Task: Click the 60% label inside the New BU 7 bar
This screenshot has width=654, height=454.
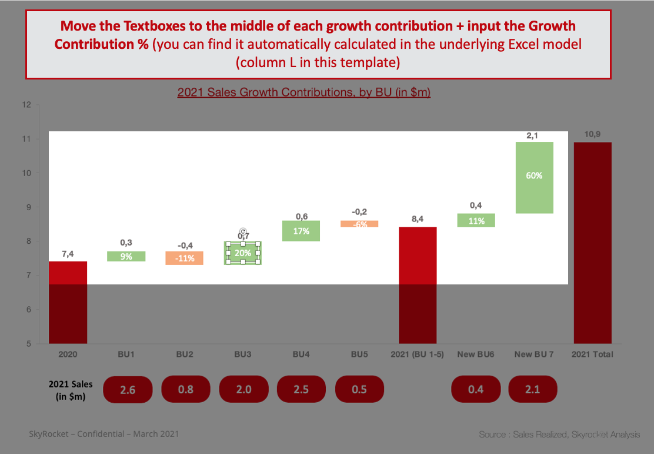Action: (534, 175)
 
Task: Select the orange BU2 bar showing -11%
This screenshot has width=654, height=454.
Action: (184, 258)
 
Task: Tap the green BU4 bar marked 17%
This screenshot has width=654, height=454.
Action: (301, 231)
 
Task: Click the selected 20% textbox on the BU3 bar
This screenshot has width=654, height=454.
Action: (243, 253)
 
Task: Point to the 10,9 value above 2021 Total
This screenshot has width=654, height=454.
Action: (592, 135)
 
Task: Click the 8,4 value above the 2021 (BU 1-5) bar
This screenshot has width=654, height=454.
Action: (418, 220)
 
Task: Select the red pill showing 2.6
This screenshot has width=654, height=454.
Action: (128, 390)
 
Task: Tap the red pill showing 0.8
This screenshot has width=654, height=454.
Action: (185, 390)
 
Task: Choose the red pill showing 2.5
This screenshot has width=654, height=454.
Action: (301, 390)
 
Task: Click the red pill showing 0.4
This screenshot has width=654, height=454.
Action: (475, 390)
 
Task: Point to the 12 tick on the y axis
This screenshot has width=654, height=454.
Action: (26, 105)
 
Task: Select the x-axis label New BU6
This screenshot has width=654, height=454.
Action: (475, 354)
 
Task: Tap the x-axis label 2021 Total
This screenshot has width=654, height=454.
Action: (592, 354)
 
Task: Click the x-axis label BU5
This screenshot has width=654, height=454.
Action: (359, 354)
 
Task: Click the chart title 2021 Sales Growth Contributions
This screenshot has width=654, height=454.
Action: (304, 92)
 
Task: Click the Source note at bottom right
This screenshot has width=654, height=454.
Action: (559, 435)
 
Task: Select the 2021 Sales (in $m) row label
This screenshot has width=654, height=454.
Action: (67, 390)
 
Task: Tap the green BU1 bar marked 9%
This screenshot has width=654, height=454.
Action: (126, 256)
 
